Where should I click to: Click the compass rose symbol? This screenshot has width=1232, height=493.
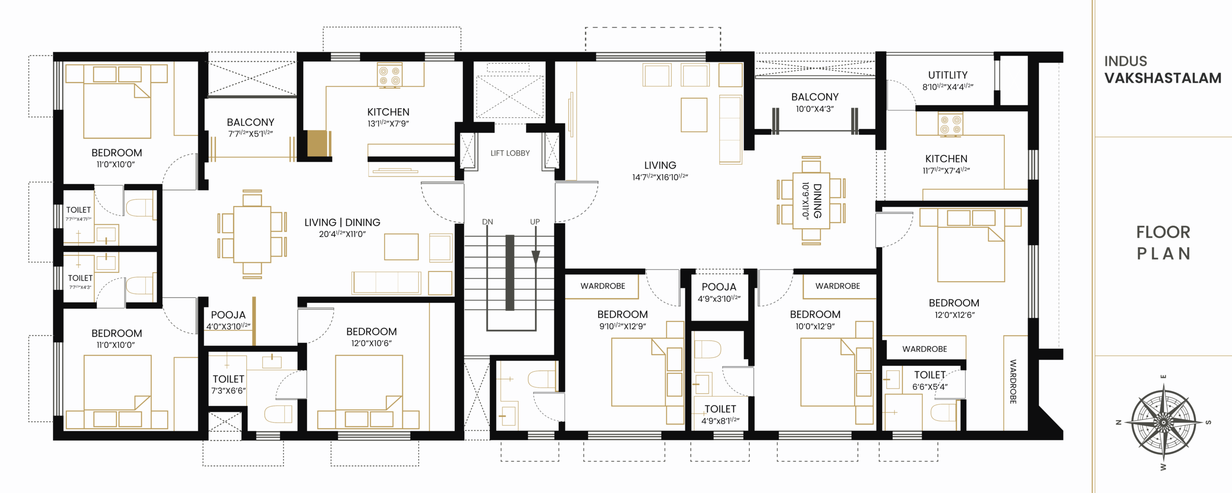pos(1163,422)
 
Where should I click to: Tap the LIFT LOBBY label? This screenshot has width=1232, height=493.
pos(510,153)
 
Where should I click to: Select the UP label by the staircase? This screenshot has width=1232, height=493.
pos(535,221)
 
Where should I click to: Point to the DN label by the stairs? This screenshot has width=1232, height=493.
pos(488,221)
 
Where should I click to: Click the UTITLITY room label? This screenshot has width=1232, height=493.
pos(947,75)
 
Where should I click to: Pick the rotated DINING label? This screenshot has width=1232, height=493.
pos(817,201)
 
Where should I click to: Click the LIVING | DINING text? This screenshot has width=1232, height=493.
pos(342,222)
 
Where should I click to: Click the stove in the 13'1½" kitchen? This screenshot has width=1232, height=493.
pos(389,76)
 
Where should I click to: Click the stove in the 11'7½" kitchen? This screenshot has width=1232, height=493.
pos(950,124)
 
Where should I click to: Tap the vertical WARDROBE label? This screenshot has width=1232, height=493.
pos(1013,381)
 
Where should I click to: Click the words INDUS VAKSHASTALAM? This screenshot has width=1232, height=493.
pos(1162,70)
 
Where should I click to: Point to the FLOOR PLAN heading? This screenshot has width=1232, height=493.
pos(1163,243)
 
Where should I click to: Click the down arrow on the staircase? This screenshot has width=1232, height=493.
pos(536,258)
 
